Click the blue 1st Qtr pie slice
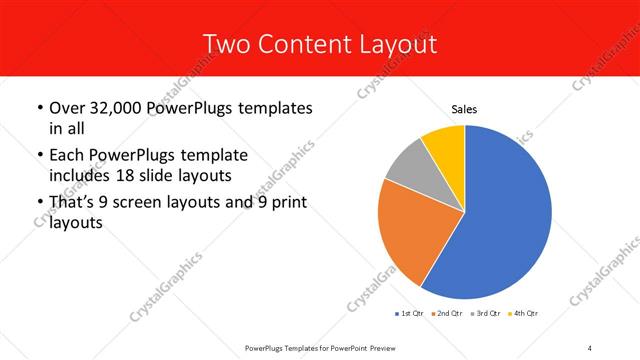click(x=505, y=215)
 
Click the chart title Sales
click(x=464, y=109)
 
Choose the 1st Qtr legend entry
click(x=410, y=313)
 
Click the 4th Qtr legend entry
click(x=527, y=313)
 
